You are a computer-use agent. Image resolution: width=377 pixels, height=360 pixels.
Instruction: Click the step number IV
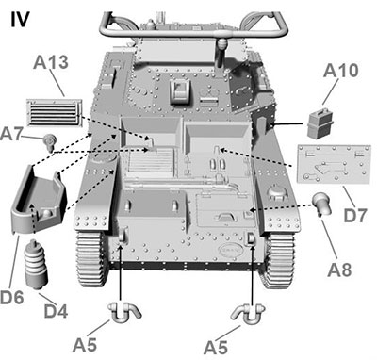click(x=21, y=20)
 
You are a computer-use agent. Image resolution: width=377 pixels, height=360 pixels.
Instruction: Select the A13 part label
click(x=51, y=62)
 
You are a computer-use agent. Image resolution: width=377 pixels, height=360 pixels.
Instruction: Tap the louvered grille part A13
click(x=54, y=112)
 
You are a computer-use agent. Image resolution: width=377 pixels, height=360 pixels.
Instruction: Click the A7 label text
click(x=10, y=134)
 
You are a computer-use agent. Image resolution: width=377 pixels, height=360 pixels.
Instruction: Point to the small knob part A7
click(x=50, y=141)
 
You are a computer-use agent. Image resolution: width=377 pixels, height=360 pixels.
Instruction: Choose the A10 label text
click(x=340, y=71)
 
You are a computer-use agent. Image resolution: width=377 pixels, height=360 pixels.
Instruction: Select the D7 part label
click(x=355, y=215)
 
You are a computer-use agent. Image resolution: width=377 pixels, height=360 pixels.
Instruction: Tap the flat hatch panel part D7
click(x=334, y=164)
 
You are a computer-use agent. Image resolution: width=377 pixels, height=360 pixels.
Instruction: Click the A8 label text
click(x=339, y=270)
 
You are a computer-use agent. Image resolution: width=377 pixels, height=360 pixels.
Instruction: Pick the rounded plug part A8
click(x=322, y=205)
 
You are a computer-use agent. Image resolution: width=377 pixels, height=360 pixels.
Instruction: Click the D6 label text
click(x=11, y=297)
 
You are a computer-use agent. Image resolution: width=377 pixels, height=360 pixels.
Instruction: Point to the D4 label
click(x=56, y=310)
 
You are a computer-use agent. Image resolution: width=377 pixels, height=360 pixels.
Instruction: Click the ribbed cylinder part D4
click(x=36, y=265)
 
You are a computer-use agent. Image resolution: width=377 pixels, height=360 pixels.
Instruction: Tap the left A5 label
click(x=84, y=345)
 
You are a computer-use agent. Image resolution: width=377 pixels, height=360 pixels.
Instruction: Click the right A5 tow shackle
click(x=248, y=315)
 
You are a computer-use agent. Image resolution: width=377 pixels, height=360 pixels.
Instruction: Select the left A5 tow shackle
click(x=124, y=313)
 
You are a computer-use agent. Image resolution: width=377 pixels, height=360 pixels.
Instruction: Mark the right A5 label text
click(x=215, y=348)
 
